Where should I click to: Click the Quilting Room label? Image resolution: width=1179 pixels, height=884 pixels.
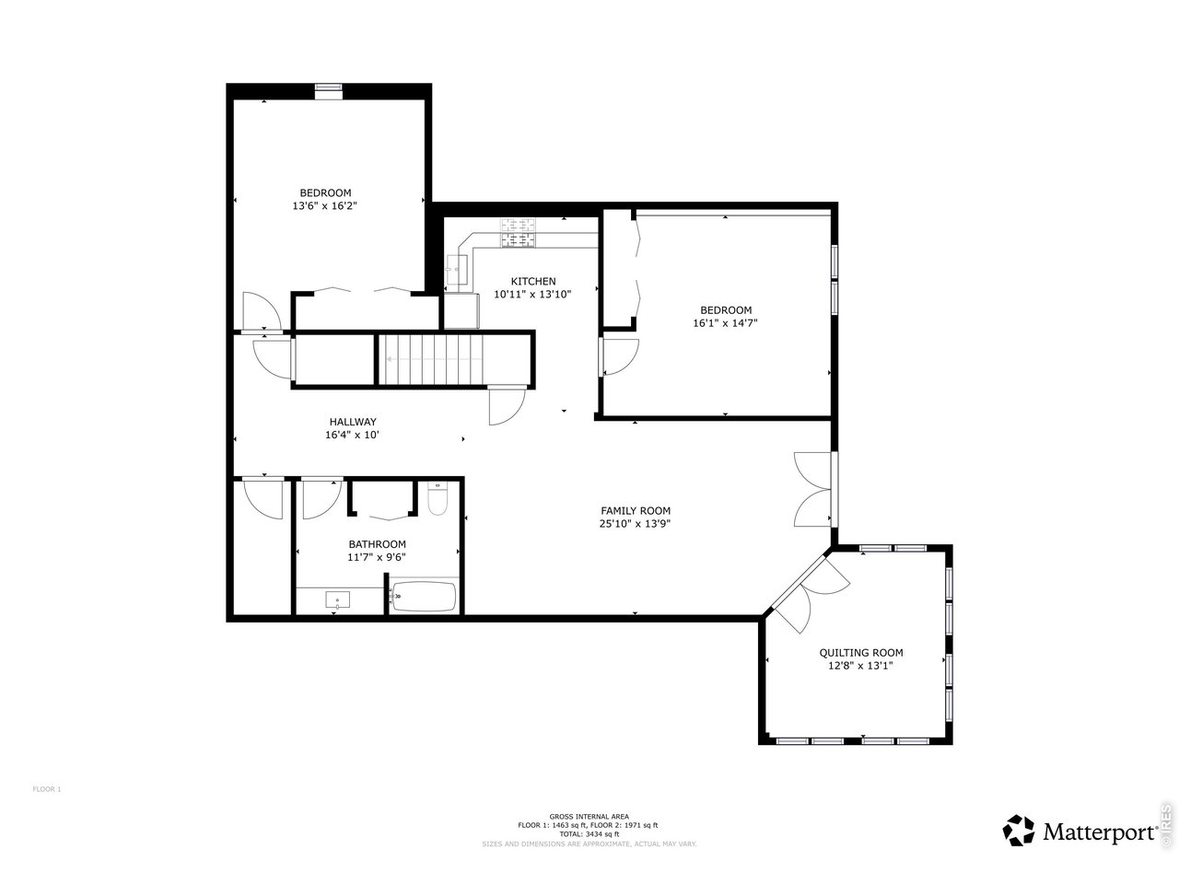[861, 652]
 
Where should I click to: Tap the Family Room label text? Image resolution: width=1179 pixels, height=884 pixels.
[636, 510]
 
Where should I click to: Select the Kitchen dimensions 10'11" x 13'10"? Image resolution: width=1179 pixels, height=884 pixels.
[532, 295]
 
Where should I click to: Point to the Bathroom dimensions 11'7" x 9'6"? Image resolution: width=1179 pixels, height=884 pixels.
[377, 556]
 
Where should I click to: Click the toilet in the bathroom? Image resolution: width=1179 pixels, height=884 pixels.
[438, 501]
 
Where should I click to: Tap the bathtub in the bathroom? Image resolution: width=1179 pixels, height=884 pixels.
[424, 598]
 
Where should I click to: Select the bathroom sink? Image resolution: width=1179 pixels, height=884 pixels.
[338, 600]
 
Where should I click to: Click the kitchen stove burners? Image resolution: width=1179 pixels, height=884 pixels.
[518, 231]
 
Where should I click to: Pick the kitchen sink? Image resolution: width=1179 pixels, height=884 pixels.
[457, 272]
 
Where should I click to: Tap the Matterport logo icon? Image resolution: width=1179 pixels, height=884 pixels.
[1019, 830]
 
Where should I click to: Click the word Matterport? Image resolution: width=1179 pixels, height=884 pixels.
[1100, 832]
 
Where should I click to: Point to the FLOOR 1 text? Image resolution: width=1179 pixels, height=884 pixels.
[46, 789]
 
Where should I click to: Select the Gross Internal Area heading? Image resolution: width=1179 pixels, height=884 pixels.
[589, 816]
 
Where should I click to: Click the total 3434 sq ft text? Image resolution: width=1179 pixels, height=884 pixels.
[589, 834]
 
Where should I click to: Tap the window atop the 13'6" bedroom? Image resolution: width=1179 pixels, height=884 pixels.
[329, 89]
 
